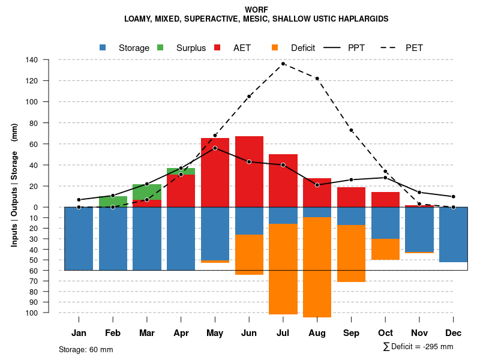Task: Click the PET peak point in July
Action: [283, 64]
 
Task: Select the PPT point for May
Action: [215, 148]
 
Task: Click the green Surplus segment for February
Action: [113, 201]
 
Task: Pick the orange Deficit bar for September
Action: [351, 253]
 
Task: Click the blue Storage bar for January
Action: [79, 238]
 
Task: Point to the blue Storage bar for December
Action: [453, 235]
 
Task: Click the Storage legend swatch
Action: [103, 48]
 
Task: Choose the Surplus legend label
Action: [191, 48]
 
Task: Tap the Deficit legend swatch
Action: [275, 48]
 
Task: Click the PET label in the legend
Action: [414, 48]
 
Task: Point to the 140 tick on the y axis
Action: [32, 60]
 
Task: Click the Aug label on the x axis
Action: [317, 333]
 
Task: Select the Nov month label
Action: [419, 333]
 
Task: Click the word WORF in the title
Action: [256, 10]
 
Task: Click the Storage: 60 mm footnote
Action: [86, 349]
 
